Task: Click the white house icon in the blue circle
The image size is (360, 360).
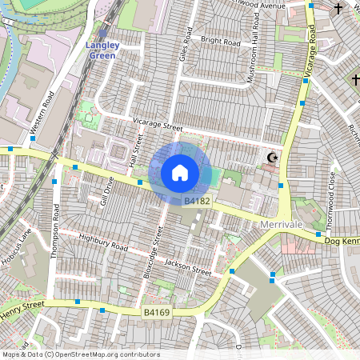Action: pyautogui.click(x=180, y=172)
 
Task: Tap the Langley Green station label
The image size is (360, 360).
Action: pyautogui.click(x=102, y=50)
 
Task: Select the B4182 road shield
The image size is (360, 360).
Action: pyautogui.click(x=196, y=201)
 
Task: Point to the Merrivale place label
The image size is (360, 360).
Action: pyautogui.click(x=282, y=226)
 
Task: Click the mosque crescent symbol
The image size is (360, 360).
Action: pyautogui.click(x=272, y=158)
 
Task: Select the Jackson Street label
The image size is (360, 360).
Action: pyautogui.click(x=187, y=267)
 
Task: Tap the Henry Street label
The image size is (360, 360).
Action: pyautogui.click(x=22, y=307)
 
